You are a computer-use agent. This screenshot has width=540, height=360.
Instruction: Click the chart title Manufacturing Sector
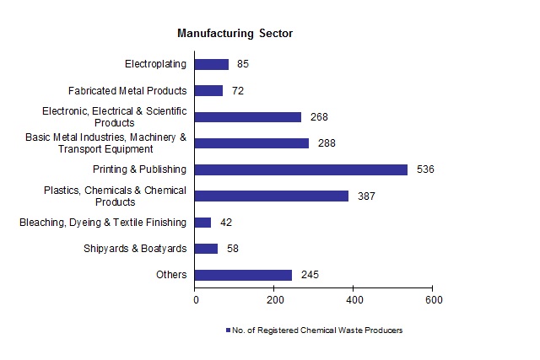(x=235, y=34)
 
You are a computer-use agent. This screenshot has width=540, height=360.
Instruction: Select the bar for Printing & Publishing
(x=301, y=169)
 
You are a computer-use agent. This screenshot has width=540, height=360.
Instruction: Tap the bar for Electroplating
(x=212, y=64)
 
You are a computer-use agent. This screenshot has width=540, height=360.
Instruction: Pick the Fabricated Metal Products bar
(x=209, y=90)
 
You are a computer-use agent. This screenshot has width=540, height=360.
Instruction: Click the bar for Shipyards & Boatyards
(x=207, y=249)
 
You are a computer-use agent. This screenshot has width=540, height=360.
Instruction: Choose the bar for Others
(x=244, y=275)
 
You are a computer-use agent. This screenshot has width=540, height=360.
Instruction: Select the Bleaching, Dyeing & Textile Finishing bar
(x=203, y=223)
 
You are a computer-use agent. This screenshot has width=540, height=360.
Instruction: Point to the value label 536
(x=424, y=169)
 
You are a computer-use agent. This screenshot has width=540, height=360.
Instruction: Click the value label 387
(x=365, y=196)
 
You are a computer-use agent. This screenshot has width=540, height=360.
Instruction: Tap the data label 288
(x=327, y=143)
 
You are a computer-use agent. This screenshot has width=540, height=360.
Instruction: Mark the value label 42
(x=225, y=223)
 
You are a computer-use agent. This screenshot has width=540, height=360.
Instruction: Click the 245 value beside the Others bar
(x=309, y=275)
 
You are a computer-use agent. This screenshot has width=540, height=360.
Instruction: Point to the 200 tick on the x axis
(x=274, y=299)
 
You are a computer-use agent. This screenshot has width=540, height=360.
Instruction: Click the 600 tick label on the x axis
(x=432, y=299)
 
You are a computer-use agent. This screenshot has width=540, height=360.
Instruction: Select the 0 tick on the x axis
(x=196, y=299)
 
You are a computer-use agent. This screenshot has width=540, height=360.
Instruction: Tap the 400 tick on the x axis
(x=354, y=299)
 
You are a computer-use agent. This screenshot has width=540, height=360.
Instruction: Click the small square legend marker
(x=228, y=330)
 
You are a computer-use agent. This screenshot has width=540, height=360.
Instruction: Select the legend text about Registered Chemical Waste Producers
(x=319, y=330)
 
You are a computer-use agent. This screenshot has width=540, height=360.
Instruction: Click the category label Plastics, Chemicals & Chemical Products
(x=115, y=196)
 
